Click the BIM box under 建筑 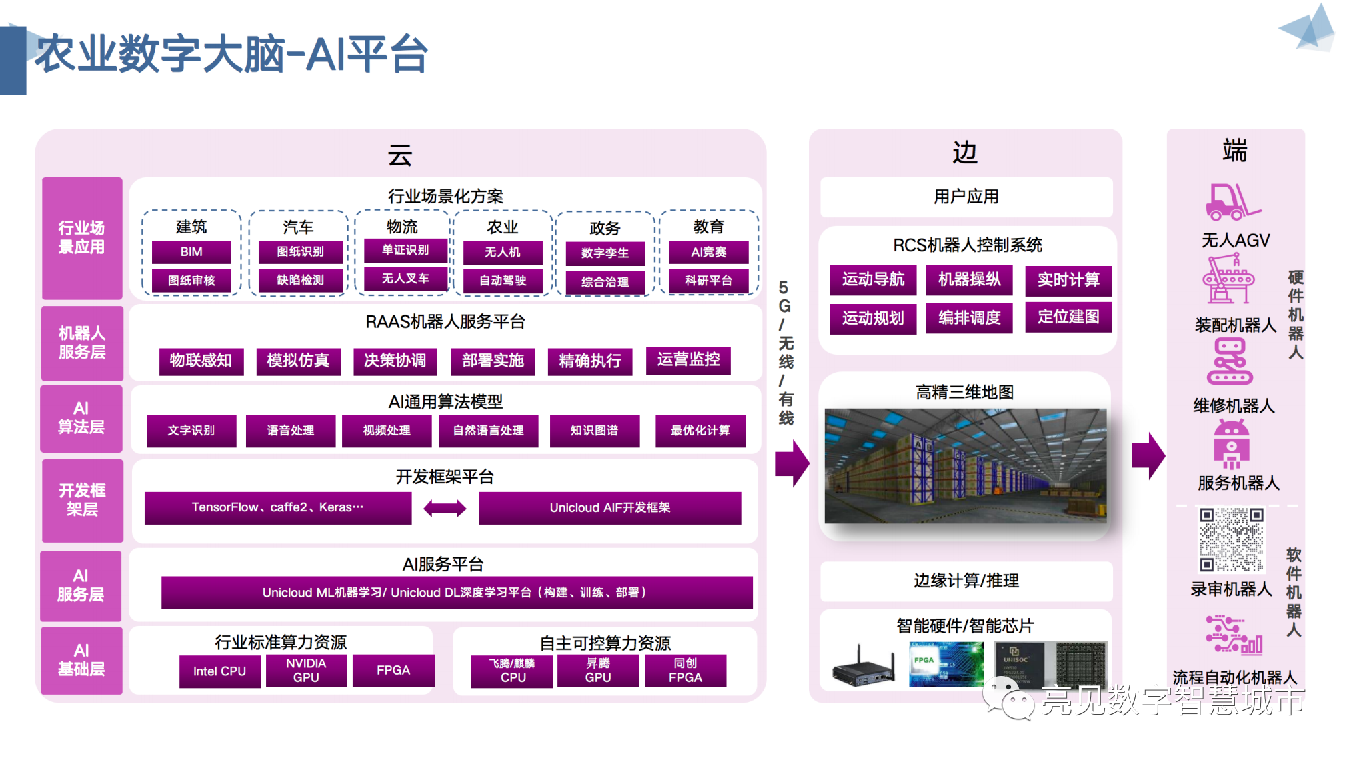click(191, 252)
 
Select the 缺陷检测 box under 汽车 click(300, 280)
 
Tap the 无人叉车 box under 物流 click(405, 279)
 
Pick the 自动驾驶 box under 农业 click(503, 281)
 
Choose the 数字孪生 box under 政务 click(605, 253)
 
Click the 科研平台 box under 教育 click(708, 281)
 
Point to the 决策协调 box click(395, 361)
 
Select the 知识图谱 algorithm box click(594, 431)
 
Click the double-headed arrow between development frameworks click(445, 509)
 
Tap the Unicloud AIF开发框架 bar click(609, 508)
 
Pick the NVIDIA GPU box click(306, 670)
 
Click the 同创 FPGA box click(685, 670)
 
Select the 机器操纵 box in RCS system click(969, 279)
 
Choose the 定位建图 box click(1068, 317)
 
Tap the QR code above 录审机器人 click(1231, 540)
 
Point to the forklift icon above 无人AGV click(1232, 202)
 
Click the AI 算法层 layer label click(81, 418)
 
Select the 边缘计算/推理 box click(966, 581)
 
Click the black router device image click(863, 667)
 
